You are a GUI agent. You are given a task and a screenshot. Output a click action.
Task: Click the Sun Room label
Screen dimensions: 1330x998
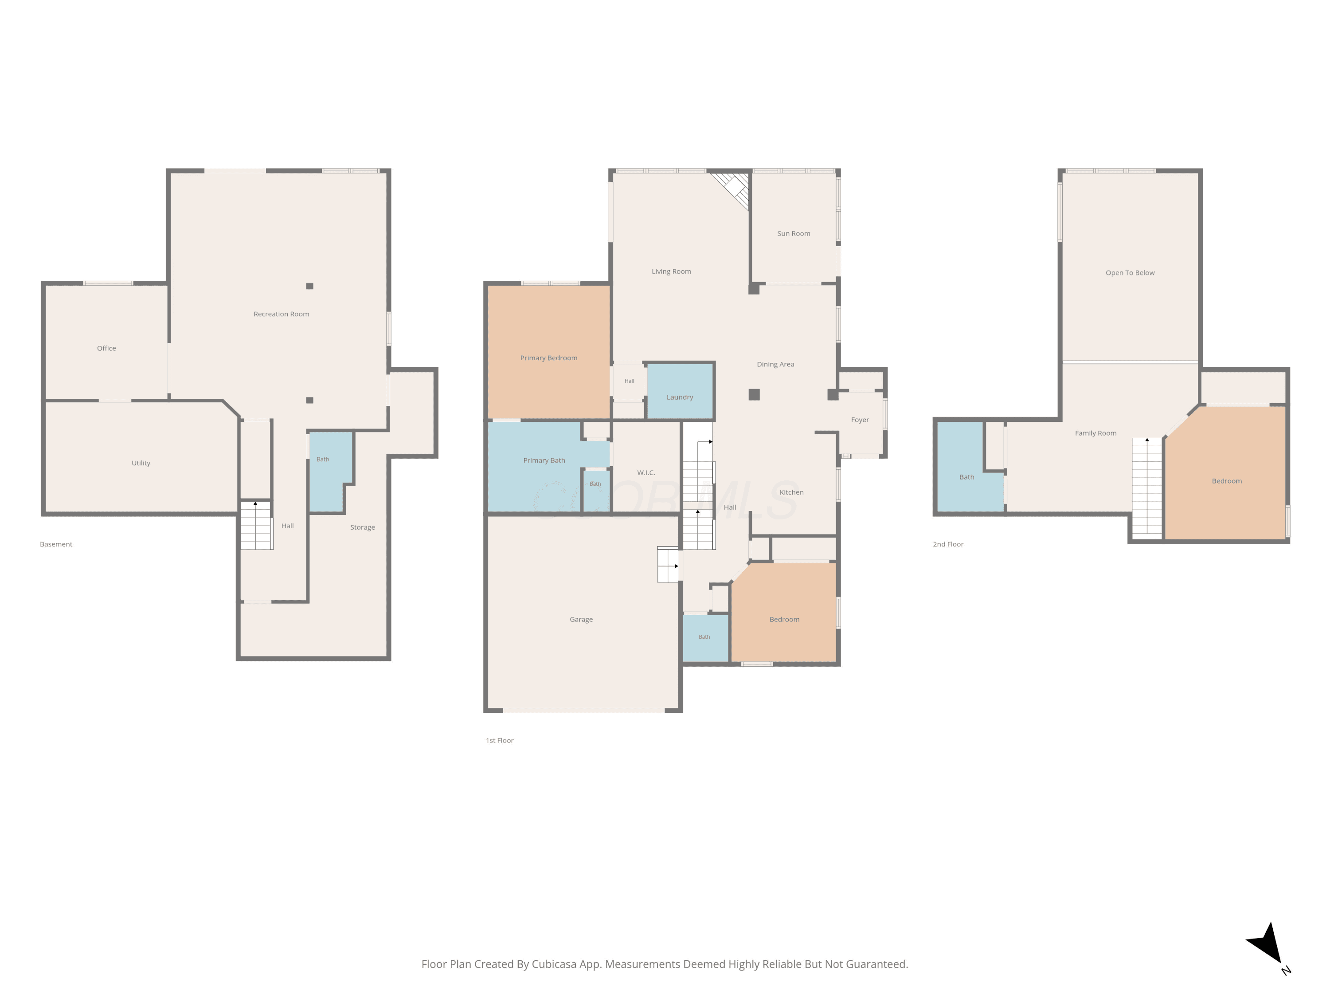[793, 233]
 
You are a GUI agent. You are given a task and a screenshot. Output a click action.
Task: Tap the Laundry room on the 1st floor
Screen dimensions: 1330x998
[680, 391]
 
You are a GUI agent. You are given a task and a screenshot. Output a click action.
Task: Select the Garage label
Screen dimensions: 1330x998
[581, 620]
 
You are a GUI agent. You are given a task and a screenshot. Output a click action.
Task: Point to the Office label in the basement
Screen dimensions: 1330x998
[106, 348]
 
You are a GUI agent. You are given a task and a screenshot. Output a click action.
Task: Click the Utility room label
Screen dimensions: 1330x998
[141, 463]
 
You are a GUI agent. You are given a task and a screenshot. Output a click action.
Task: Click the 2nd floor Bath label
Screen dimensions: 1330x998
[966, 477]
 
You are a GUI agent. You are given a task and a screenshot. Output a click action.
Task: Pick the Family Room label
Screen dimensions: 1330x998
[1095, 433]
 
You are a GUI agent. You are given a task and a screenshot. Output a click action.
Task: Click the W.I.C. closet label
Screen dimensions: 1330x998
[646, 473]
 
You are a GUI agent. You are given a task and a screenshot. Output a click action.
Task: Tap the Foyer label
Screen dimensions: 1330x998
[860, 420]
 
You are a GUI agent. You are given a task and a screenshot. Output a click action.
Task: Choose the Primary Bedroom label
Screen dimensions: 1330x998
[548, 358]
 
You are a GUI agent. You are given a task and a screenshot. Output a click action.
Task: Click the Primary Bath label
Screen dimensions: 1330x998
[544, 460]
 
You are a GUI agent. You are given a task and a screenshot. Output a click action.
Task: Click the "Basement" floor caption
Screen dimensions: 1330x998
[56, 544]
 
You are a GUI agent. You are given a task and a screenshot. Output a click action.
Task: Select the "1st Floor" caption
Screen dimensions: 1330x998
[500, 741]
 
